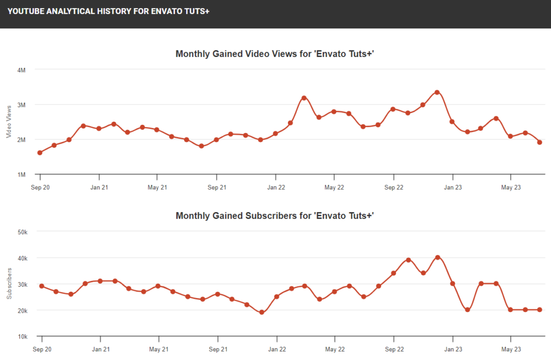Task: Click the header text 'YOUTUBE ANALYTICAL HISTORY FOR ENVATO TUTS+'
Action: pyautogui.click(x=108, y=10)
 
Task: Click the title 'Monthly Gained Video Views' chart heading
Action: pyautogui.click(x=275, y=54)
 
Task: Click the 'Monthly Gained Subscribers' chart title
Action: pyautogui.click(x=275, y=216)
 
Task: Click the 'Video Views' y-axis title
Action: pyautogui.click(x=9, y=122)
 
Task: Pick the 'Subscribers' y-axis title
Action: pyautogui.click(x=9, y=284)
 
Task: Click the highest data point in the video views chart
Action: pyautogui.click(x=437, y=92)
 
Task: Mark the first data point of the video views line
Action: pyautogui.click(x=40, y=153)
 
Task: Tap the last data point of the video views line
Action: pyautogui.click(x=539, y=142)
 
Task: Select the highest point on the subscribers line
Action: pyautogui.click(x=437, y=257)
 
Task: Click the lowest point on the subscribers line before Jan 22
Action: pyautogui.click(x=262, y=312)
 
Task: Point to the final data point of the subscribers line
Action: pyautogui.click(x=539, y=309)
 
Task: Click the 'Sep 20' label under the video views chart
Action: pyautogui.click(x=40, y=188)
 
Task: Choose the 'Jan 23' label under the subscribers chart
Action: pyautogui.click(x=453, y=350)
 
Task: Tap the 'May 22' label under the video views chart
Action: pyautogui.click(x=334, y=188)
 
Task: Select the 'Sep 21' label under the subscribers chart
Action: pyautogui.click(x=217, y=350)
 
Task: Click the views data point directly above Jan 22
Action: pyautogui.click(x=275, y=133)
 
